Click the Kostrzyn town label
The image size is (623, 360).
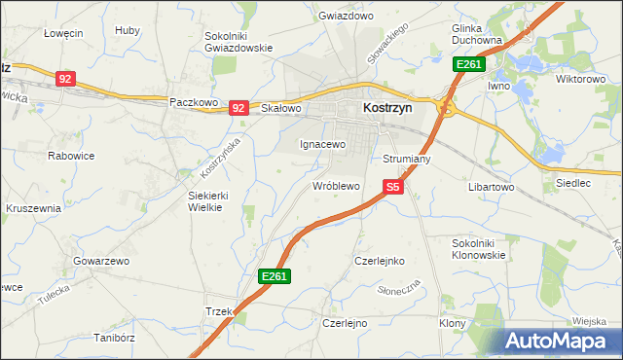click(x=386, y=109)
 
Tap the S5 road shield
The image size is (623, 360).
click(x=393, y=187)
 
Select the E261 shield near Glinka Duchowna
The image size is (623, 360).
click(x=468, y=65)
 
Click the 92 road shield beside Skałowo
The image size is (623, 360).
click(x=238, y=108)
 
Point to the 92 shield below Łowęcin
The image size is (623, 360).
click(x=65, y=79)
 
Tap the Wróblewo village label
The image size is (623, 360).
click(x=336, y=185)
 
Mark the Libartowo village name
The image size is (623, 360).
click(x=492, y=186)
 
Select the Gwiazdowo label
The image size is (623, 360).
click(x=347, y=17)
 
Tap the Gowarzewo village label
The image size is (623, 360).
click(x=101, y=262)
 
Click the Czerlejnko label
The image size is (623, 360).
click(x=379, y=261)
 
